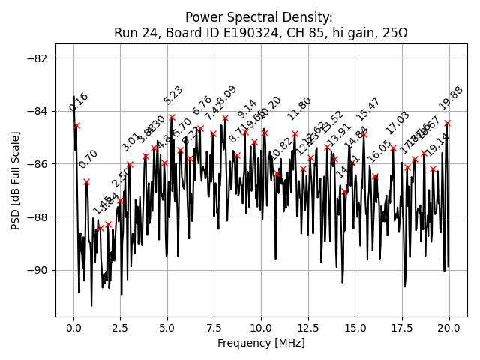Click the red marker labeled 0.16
click(x=76, y=125)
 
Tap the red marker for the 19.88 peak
click(x=447, y=123)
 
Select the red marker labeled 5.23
click(x=172, y=117)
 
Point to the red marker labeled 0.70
click(x=86, y=181)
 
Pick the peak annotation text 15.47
click(x=368, y=109)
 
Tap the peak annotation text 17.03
click(x=397, y=123)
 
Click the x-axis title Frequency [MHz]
click(x=262, y=343)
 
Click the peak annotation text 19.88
click(x=451, y=98)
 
